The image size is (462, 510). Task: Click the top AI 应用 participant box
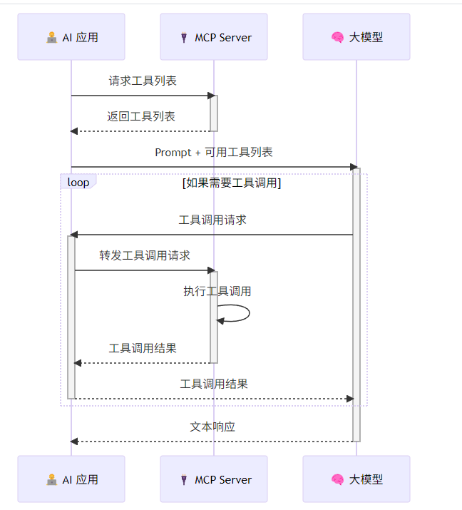pos(71,37)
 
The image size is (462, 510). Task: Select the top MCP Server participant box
pos(214,37)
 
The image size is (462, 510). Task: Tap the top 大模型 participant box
pos(356,37)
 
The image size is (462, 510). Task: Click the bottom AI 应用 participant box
pos(71,479)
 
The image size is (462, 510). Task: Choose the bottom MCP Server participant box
pos(214,479)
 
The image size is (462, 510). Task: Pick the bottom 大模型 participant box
pos(356,479)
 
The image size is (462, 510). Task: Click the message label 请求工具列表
pos(143,81)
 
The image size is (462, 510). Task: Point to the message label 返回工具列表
pos(141,116)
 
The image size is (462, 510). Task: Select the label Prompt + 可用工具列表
pos(214,152)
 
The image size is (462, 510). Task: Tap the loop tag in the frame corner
pos(78,183)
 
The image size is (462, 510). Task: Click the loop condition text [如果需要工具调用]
pos(232,183)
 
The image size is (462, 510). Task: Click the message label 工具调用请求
pos(212,220)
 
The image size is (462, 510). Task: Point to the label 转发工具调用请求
pos(145,255)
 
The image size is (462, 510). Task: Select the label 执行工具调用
pos(217,291)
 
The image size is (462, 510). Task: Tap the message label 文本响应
pos(212,427)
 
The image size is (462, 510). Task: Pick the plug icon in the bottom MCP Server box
pos(184,480)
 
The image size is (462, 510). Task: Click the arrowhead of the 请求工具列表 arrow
pos(211,96)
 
